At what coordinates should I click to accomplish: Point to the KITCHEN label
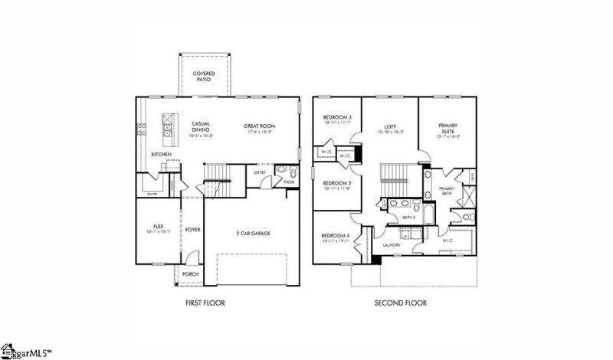click(x=161, y=155)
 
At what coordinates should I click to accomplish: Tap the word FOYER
click(x=192, y=229)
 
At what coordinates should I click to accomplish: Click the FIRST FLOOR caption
click(x=205, y=303)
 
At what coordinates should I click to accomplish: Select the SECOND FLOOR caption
click(x=400, y=303)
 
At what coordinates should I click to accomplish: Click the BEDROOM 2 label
click(x=336, y=185)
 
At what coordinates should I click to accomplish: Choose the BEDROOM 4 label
click(x=336, y=237)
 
